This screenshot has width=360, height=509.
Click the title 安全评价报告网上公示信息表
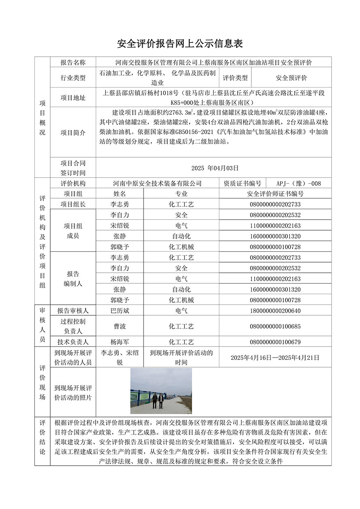pyautogui.click(x=180, y=43)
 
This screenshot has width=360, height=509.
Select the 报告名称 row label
pyautogui.click(x=73, y=62)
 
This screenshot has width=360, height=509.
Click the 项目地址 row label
pyautogui.click(x=73, y=98)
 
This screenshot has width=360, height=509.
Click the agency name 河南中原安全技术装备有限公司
pyautogui.click(x=157, y=184)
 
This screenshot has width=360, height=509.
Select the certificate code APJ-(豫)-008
pyautogui.click(x=298, y=184)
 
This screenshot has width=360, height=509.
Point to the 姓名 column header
pyautogui.click(x=120, y=194)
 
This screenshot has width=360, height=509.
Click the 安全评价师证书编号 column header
pyautogui.click(x=275, y=194)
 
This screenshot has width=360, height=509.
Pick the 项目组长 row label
pyautogui.click(x=73, y=204)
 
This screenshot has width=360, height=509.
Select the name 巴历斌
pyautogui.click(x=120, y=311)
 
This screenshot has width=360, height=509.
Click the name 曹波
pyautogui.click(x=120, y=326)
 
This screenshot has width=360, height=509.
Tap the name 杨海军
pyautogui.click(x=120, y=342)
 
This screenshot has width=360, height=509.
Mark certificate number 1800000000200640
pyautogui.click(x=275, y=311)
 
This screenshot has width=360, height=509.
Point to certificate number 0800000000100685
pyautogui.click(x=275, y=326)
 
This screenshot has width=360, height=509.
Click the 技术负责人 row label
pyautogui.click(x=73, y=342)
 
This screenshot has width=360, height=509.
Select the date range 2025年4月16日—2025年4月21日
pyautogui.click(x=275, y=357)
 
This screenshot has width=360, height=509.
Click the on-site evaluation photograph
pyautogui.click(x=161, y=391)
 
